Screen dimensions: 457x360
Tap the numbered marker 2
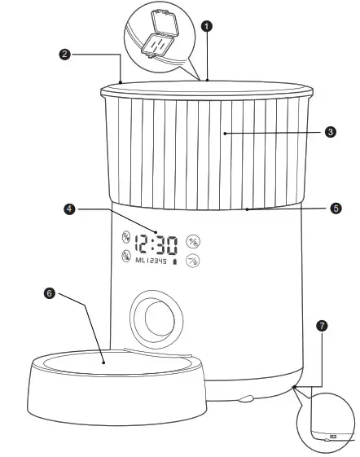click(65, 55)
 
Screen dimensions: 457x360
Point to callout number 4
click(70, 209)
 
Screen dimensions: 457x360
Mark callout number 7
click(323, 325)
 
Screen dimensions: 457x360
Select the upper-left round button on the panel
click(126, 238)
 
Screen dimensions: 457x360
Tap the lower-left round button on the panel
click(126, 257)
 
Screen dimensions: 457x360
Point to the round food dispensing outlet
click(153, 318)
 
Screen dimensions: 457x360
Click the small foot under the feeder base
click(245, 399)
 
